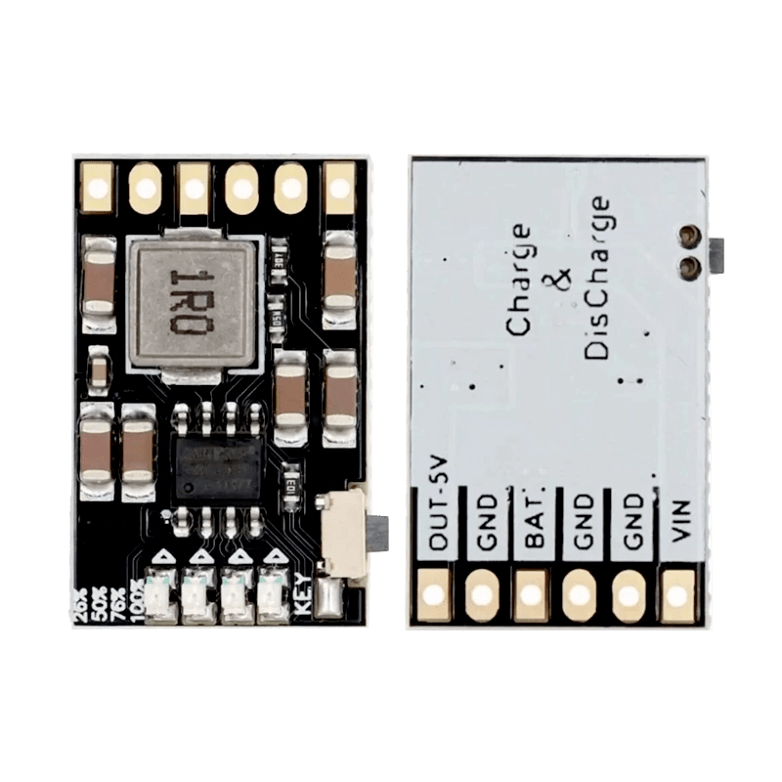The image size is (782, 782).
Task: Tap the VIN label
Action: (680, 523)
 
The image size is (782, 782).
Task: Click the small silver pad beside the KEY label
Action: (329, 595)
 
